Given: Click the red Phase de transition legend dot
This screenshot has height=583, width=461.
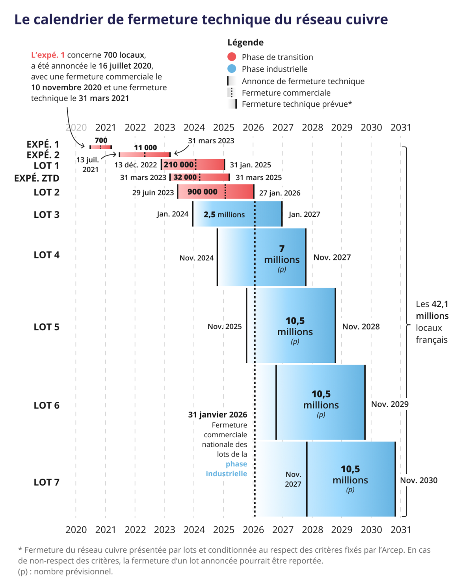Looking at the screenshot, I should click(232, 57).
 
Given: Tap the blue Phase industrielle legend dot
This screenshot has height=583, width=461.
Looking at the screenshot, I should click(232, 69).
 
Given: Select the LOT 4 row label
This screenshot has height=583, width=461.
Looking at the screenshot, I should click(46, 255).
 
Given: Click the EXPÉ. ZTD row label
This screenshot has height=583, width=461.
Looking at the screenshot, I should click(37, 178).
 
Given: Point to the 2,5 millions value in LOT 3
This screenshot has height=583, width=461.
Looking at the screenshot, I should click(224, 215).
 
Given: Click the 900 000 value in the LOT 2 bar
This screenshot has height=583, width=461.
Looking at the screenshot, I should click(202, 192).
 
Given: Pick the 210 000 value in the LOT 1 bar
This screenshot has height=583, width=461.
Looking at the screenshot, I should click(178, 165).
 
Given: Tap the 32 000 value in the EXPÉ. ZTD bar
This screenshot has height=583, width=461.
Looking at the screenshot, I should click(185, 177).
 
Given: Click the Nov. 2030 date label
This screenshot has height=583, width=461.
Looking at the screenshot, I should click(418, 480).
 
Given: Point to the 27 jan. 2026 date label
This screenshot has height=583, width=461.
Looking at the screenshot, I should click(279, 193).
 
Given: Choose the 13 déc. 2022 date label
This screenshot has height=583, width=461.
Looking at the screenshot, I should click(136, 165).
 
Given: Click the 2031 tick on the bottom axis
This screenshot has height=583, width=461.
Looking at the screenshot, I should click(401, 529).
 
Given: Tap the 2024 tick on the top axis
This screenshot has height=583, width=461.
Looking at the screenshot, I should click(194, 128).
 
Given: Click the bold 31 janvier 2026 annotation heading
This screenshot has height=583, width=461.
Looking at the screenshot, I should click(217, 414).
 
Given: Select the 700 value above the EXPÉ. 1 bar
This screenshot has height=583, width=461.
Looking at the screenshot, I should click(101, 140).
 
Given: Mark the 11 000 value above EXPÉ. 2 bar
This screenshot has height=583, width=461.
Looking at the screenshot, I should click(145, 147).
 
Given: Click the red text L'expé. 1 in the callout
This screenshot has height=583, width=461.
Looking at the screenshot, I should click(48, 55).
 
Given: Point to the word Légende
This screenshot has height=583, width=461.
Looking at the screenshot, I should click(245, 43).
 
